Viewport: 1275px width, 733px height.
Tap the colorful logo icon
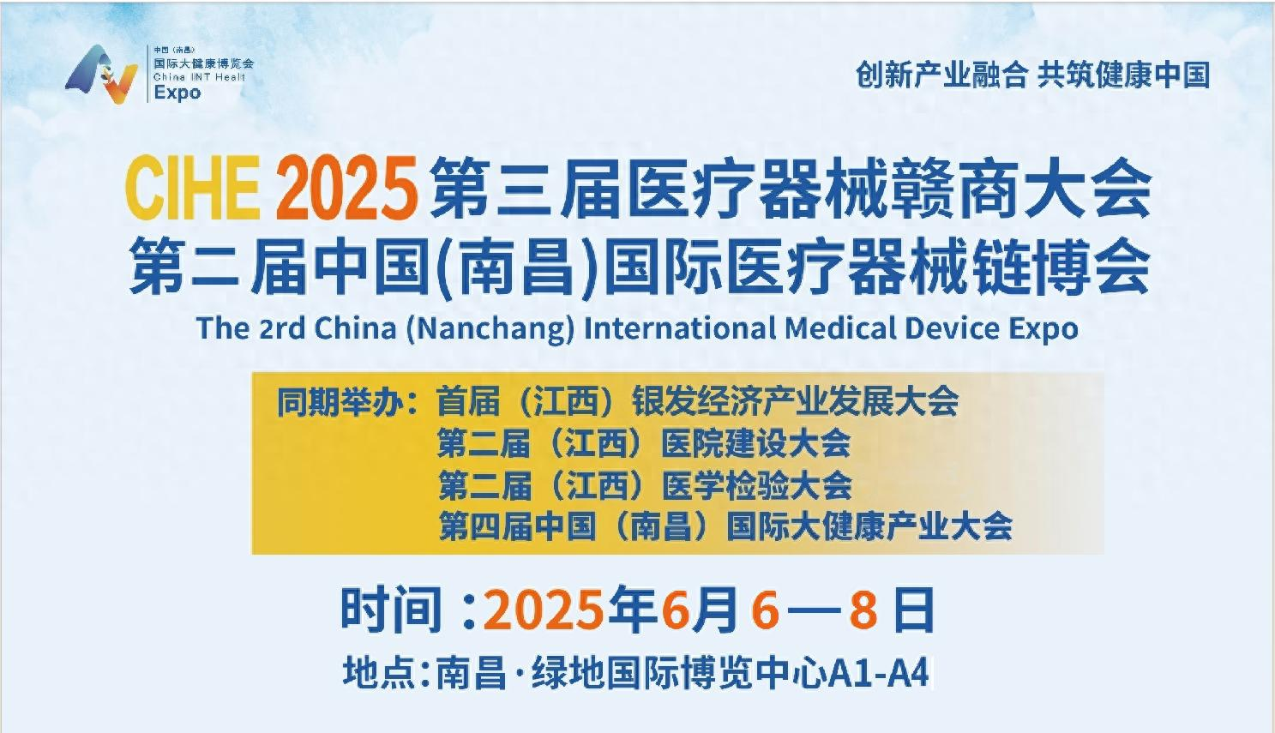point(102,74)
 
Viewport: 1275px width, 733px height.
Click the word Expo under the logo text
point(177,93)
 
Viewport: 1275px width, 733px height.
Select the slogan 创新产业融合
point(941,75)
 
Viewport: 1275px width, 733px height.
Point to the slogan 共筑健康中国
point(1123,75)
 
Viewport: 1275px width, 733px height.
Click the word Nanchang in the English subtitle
point(490,329)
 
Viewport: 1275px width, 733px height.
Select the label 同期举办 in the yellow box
point(340,402)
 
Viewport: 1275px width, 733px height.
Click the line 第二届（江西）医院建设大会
point(644,443)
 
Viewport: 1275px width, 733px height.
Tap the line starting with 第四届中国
point(725,526)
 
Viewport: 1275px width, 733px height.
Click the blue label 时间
point(391,610)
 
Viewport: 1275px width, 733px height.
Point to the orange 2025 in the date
point(543,610)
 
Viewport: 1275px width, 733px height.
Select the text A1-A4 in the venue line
point(879,674)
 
